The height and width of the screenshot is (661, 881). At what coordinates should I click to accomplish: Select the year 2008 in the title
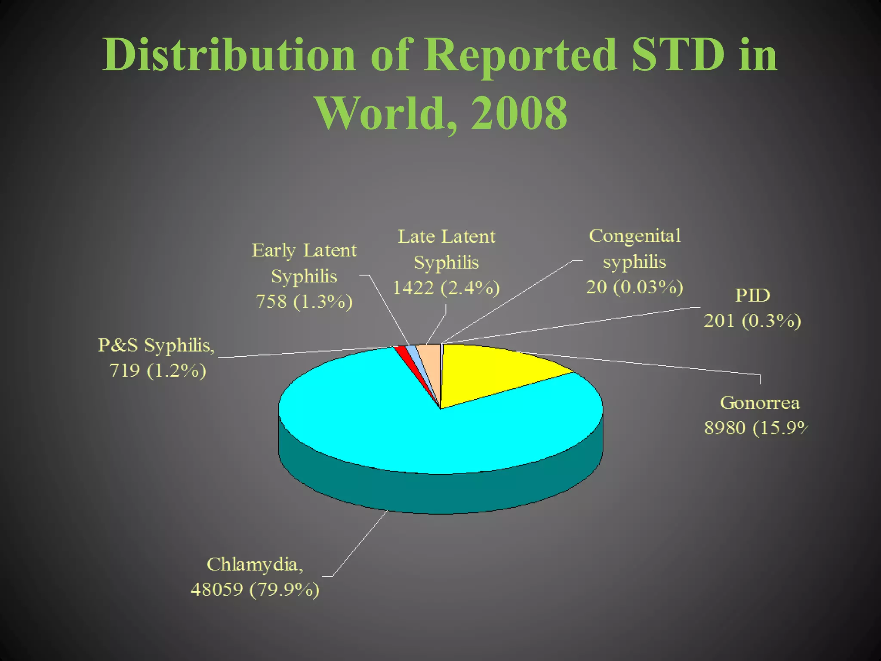pos(519,113)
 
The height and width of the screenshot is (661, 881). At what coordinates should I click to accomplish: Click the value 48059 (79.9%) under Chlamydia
pos(255,589)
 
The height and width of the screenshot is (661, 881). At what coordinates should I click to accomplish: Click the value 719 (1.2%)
pos(158,371)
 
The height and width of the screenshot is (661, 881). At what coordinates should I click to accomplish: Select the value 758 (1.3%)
pos(304,301)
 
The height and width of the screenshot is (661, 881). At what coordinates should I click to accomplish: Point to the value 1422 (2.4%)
pos(446,287)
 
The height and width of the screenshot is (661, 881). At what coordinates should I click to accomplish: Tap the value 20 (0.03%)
pos(635,287)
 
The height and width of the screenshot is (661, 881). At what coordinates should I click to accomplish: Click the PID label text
pos(752,295)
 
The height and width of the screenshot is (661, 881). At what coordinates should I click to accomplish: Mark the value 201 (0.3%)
pos(752,321)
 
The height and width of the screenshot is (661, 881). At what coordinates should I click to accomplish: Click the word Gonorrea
pos(760,403)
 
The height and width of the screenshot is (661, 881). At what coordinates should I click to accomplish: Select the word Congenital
pos(635,236)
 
